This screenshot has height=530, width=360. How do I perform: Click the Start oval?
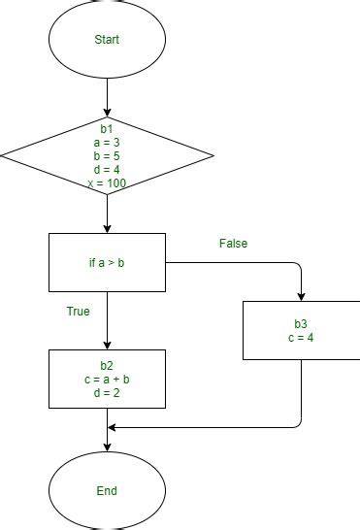click(x=107, y=41)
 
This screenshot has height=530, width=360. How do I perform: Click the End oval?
click(x=107, y=491)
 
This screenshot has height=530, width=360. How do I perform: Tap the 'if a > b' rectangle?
click(x=107, y=262)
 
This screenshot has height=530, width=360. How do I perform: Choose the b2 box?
click(x=107, y=379)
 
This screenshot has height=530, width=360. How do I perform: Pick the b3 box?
click(x=301, y=330)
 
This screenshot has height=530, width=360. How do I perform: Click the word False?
click(x=234, y=244)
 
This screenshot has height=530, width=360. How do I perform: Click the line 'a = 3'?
click(x=107, y=140)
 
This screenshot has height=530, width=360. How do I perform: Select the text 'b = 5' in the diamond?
click(x=107, y=154)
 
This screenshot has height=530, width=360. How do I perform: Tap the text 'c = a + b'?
click(x=107, y=379)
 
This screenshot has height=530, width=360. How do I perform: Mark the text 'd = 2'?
click(x=107, y=393)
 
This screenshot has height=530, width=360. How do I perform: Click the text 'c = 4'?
click(x=301, y=338)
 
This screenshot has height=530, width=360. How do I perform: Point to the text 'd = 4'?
click(x=107, y=169)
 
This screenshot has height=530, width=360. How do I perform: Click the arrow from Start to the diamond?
click(x=107, y=97)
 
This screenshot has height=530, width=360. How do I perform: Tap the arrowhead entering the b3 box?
click(x=301, y=296)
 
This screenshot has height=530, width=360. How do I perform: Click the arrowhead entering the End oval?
click(x=107, y=448)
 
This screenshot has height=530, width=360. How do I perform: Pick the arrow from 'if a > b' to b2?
click(x=107, y=320)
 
